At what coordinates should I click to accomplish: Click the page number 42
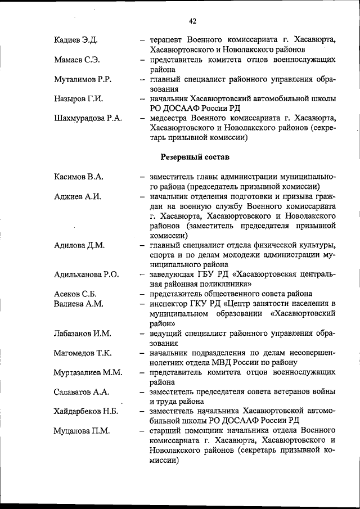pos(192,21)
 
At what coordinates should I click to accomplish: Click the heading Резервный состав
pos(195,156)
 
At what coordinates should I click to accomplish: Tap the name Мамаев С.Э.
pos(77,60)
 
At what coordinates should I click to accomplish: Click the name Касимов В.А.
pos(79,177)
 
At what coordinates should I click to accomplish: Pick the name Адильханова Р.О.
pos(87,274)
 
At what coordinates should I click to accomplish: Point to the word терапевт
pos(168,40)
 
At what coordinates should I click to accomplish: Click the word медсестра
pos(170,118)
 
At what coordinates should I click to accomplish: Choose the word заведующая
pos(172,274)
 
